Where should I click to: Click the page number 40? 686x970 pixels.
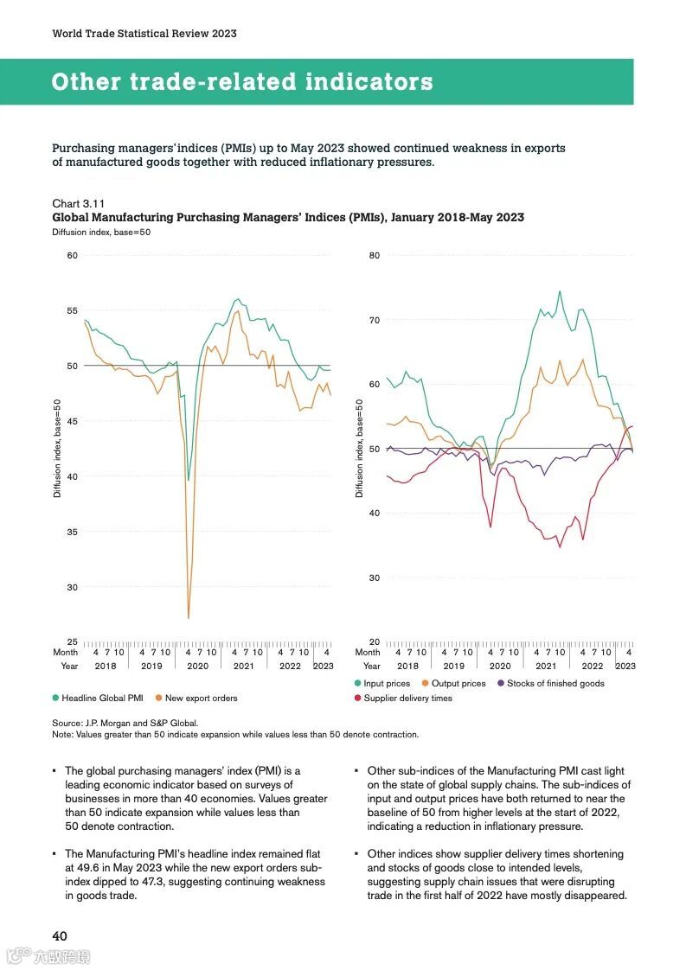click(x=60, y=935)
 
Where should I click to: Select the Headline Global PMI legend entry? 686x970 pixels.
click(x=102, y=698)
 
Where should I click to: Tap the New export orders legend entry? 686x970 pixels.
click(x=201, y=698)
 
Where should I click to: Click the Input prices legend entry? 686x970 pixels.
click(x=387, y=683)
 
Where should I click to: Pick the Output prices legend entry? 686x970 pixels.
click(x=458, y=683)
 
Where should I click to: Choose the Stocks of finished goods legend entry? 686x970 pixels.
click(x=555, y=683)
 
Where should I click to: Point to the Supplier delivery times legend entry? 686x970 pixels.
click(x=407, y=698)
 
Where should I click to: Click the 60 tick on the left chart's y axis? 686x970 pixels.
click(x=73, y=255)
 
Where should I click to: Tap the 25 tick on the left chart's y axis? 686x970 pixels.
click(x=73, y=642)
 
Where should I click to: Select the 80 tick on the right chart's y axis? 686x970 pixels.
click(x=375, y=255)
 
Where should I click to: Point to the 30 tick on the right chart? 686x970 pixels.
click(x=375, y=578)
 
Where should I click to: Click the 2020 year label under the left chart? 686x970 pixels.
click(x=197, y=667)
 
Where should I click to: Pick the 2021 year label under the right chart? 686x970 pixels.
click(x=546, y=667)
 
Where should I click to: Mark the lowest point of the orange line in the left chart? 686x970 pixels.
click(x=189, y=617)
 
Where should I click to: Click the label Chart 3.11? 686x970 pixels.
click(x=79, y=203)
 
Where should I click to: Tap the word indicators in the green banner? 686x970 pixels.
click(x=366, y=82)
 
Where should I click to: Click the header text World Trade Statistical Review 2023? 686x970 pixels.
click(x=144, y=34)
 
